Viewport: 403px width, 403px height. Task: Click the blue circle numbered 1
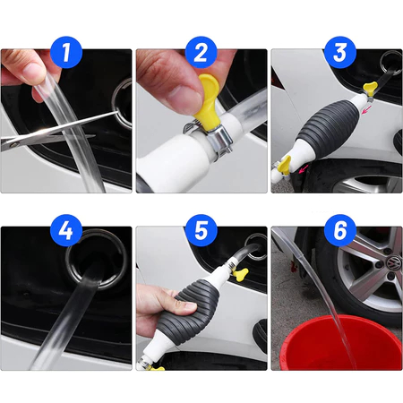coord(66,52)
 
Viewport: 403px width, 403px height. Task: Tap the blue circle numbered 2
coord(201,52)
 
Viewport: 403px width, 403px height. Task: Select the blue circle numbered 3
coord(340,52)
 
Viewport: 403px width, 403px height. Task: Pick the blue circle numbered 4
coord(66,230)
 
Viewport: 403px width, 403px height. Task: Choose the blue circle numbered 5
coord(201,230)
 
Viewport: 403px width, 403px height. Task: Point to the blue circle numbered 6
coord(340,230)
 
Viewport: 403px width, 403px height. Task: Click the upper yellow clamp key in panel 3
coord(370,89)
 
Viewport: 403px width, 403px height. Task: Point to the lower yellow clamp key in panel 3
coord(284,165)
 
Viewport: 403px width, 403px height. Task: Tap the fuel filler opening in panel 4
coord(97,259)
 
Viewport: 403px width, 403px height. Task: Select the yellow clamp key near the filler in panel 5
coord(240,274)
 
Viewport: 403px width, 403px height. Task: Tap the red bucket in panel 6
coord(340,343)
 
